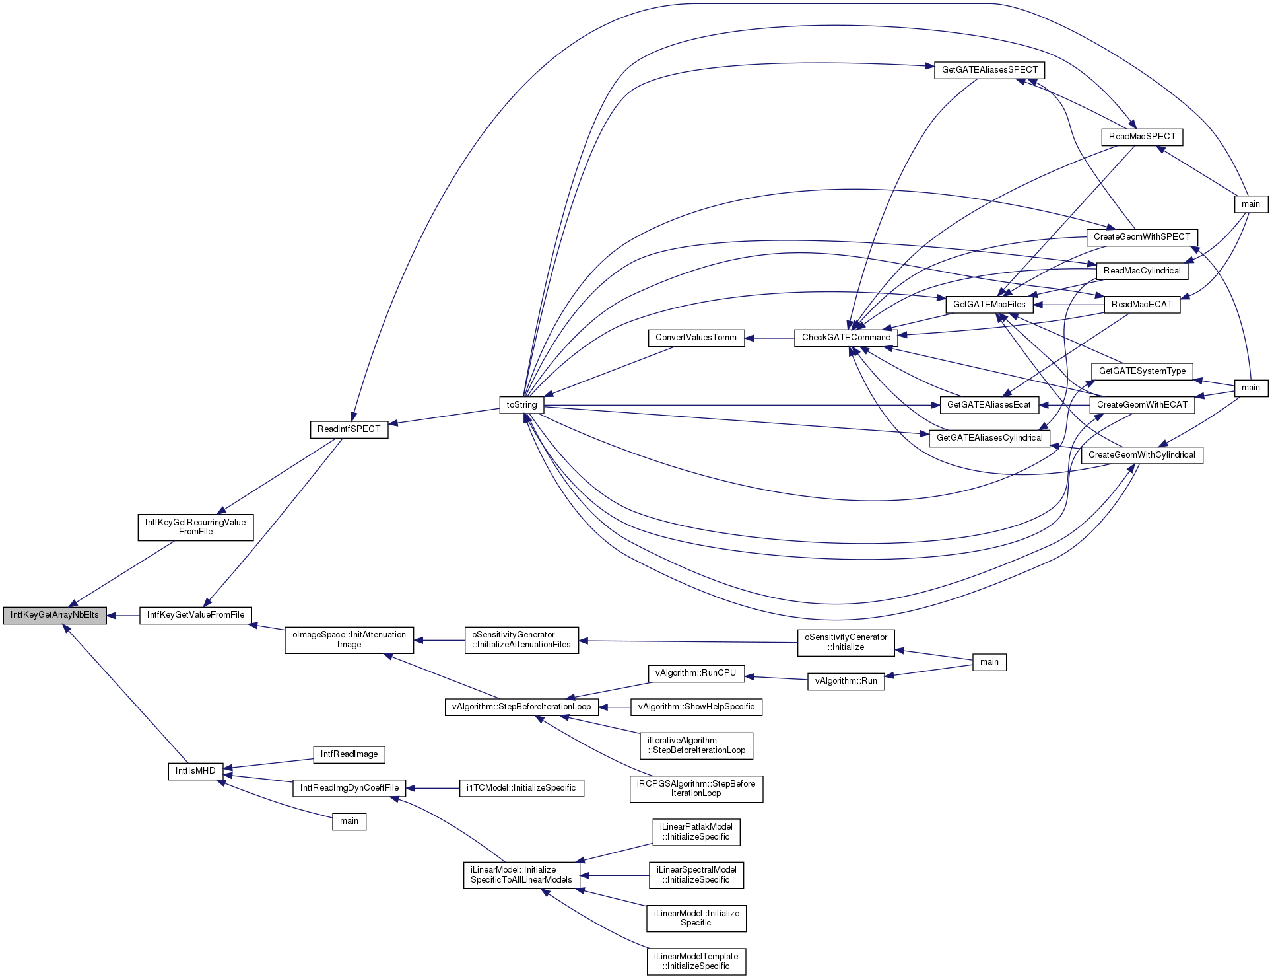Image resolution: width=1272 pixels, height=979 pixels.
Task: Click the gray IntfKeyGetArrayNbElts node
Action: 55,615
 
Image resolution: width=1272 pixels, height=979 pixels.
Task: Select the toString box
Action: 521,405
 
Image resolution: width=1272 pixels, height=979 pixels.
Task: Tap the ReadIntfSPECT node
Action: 349,429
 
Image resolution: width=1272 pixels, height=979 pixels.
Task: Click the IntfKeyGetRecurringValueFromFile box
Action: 195,527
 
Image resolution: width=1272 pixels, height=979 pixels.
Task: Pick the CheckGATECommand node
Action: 846,338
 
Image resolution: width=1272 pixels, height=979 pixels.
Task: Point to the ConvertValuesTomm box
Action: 696,338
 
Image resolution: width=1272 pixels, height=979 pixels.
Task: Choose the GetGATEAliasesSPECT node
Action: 989,70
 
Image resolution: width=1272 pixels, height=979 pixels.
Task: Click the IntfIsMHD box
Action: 195,771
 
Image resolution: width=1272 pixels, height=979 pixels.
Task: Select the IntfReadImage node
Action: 349,754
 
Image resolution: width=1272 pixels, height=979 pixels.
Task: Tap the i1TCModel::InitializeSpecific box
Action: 521,788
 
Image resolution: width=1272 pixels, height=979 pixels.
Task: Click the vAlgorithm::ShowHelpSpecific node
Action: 696,707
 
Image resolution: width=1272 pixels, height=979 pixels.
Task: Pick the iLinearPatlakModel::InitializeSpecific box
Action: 696,832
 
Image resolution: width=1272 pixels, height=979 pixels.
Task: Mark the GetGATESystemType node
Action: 1142,371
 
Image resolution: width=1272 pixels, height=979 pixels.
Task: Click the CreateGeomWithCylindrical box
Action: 1142,455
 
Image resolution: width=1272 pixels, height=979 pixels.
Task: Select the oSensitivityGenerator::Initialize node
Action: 846,642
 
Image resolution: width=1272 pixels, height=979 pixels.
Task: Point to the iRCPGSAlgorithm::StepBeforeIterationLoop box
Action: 696,789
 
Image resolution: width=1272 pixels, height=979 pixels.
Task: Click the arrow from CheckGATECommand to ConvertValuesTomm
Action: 769,338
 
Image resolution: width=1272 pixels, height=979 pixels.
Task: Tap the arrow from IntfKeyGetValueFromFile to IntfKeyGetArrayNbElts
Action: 123,616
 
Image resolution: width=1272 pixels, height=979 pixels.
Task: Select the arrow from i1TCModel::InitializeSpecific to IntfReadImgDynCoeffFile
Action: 432,788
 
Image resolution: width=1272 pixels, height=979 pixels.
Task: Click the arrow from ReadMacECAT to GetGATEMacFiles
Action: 1069,305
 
